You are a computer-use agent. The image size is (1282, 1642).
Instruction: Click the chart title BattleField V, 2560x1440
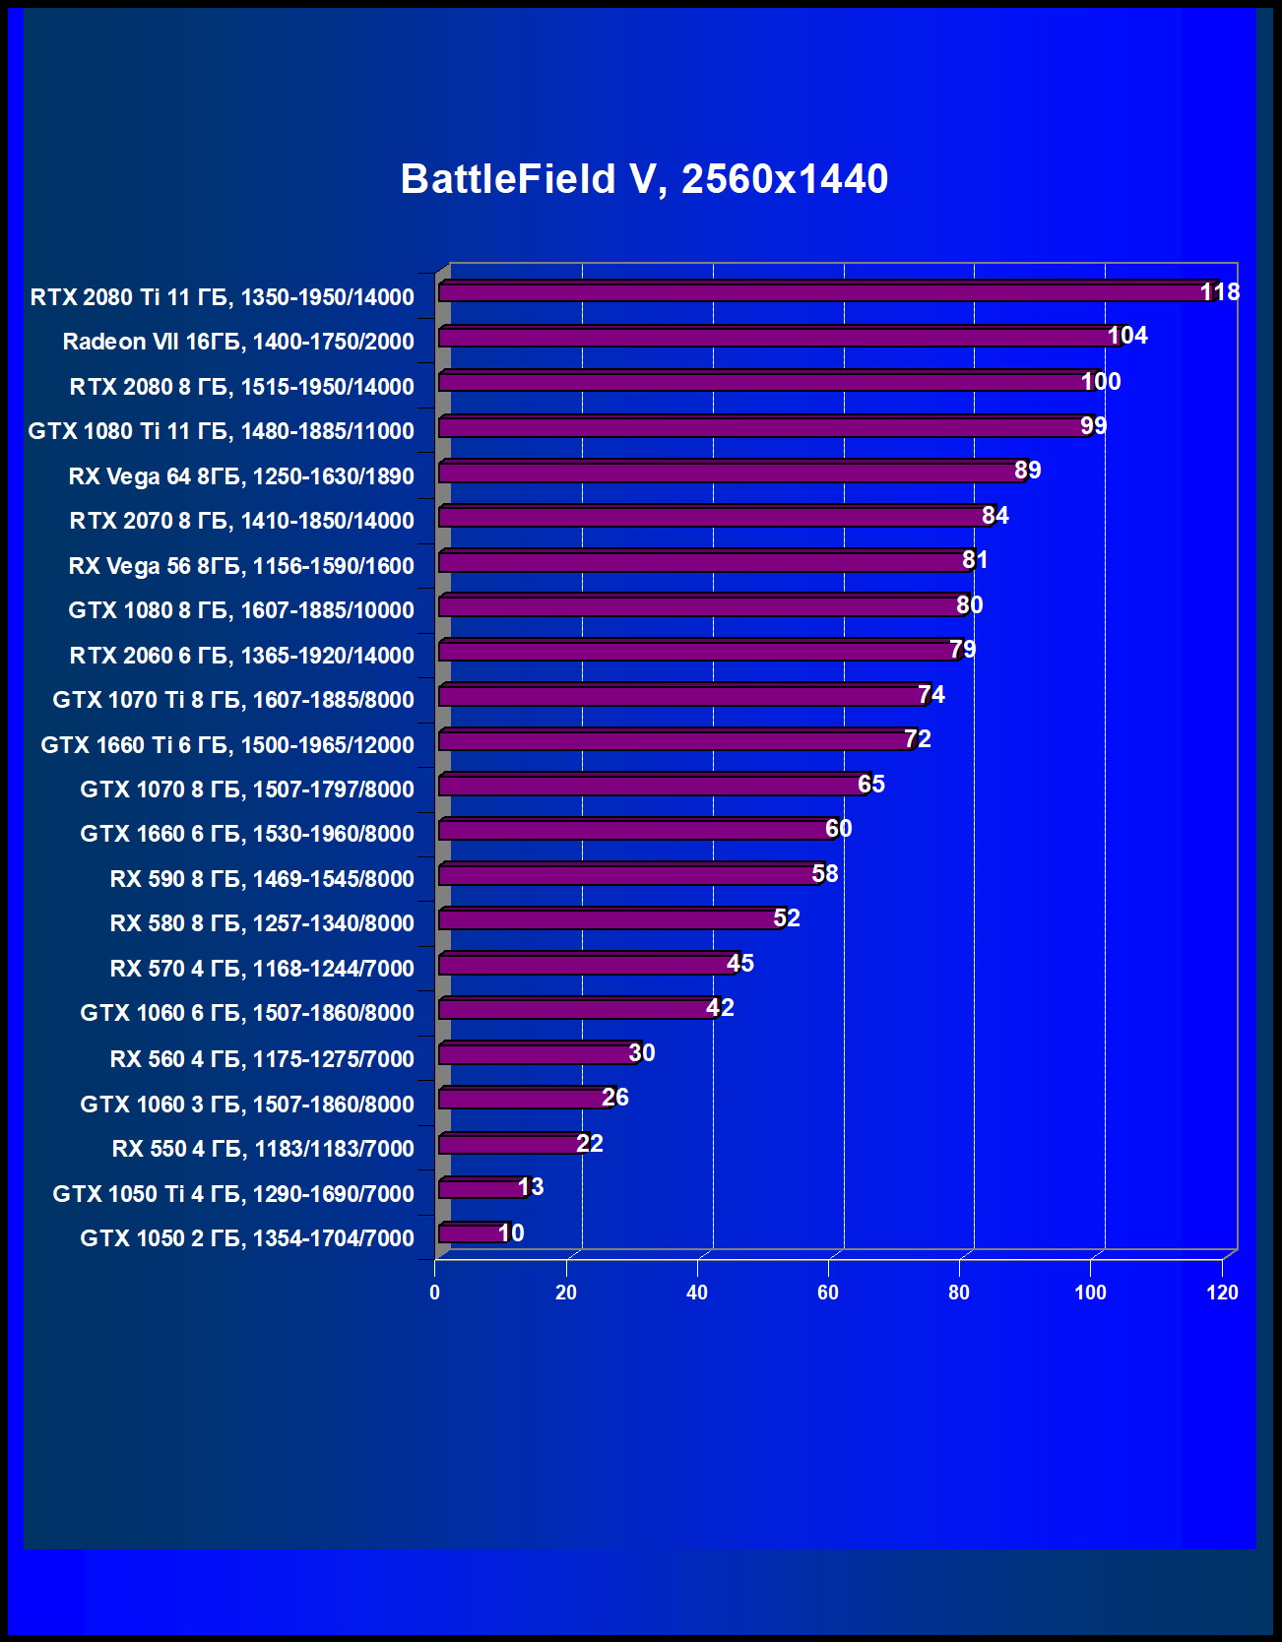(644, 179)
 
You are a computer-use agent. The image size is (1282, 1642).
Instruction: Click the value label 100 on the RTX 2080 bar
(1101, 382)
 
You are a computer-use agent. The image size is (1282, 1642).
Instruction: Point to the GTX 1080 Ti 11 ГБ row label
(221, 431)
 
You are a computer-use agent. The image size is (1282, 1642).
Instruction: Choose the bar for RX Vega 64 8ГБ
(729, 473)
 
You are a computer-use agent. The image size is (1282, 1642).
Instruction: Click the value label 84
(995, 516)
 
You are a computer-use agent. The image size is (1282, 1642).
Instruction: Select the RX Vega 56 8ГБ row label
(241, 566)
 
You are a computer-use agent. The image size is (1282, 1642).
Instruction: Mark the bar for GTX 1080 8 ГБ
(699, 606)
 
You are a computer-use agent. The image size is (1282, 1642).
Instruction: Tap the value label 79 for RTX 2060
(963, 650)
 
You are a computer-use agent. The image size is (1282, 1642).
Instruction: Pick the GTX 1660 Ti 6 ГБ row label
(227, 745)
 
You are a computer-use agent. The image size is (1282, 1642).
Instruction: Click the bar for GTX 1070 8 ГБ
(650, 786)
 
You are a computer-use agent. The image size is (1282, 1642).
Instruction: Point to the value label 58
(825, 874)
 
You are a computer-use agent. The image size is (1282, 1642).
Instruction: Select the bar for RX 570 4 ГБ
(586, 965)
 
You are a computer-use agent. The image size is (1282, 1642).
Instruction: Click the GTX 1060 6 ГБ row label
(247, 1013)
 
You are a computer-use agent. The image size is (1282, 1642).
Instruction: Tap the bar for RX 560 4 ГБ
(537, 1054)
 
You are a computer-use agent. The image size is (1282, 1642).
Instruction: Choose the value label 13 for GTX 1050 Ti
(531, 1187)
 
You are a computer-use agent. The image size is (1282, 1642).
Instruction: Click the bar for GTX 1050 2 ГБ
(471, 1233)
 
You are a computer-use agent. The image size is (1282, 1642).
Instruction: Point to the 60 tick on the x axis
(828, 1293)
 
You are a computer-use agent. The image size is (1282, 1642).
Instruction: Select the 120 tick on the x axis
(1222, 1293)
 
